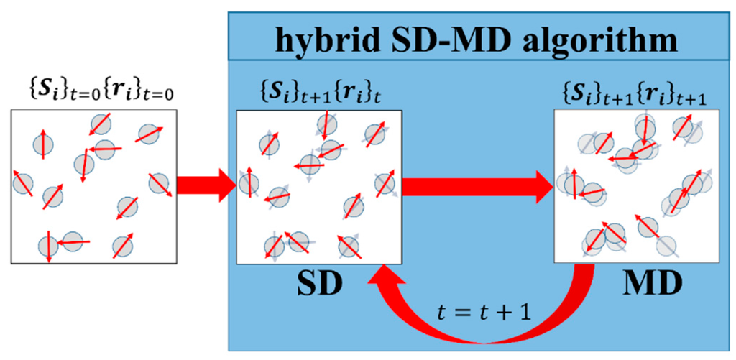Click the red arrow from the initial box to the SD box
click(x=206, y=188)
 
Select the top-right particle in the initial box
click(x=149, y=134)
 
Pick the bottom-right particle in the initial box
click(x=123, y=246)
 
